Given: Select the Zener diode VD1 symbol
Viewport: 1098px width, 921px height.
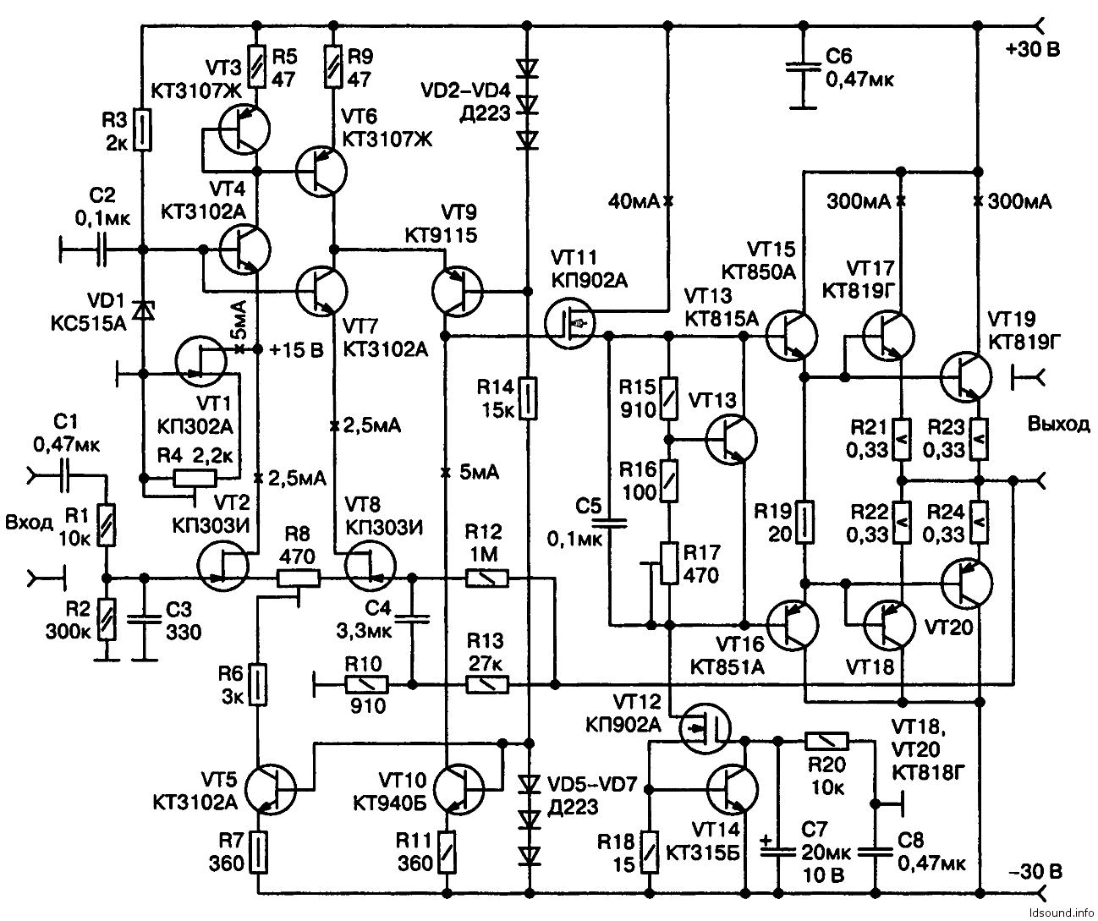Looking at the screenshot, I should click(x=144, y=310).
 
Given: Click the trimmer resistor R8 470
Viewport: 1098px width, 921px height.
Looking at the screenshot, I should click(x=298, y=578).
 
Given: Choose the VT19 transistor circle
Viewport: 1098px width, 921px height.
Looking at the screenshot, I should click(x=967, y=376).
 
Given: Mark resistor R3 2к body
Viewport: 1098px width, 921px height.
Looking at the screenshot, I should click(x=144, y=129).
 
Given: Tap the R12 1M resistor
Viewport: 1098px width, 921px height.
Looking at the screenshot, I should click(x=486, y=578).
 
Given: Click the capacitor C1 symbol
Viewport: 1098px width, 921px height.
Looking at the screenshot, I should click(x=63, y=478).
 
